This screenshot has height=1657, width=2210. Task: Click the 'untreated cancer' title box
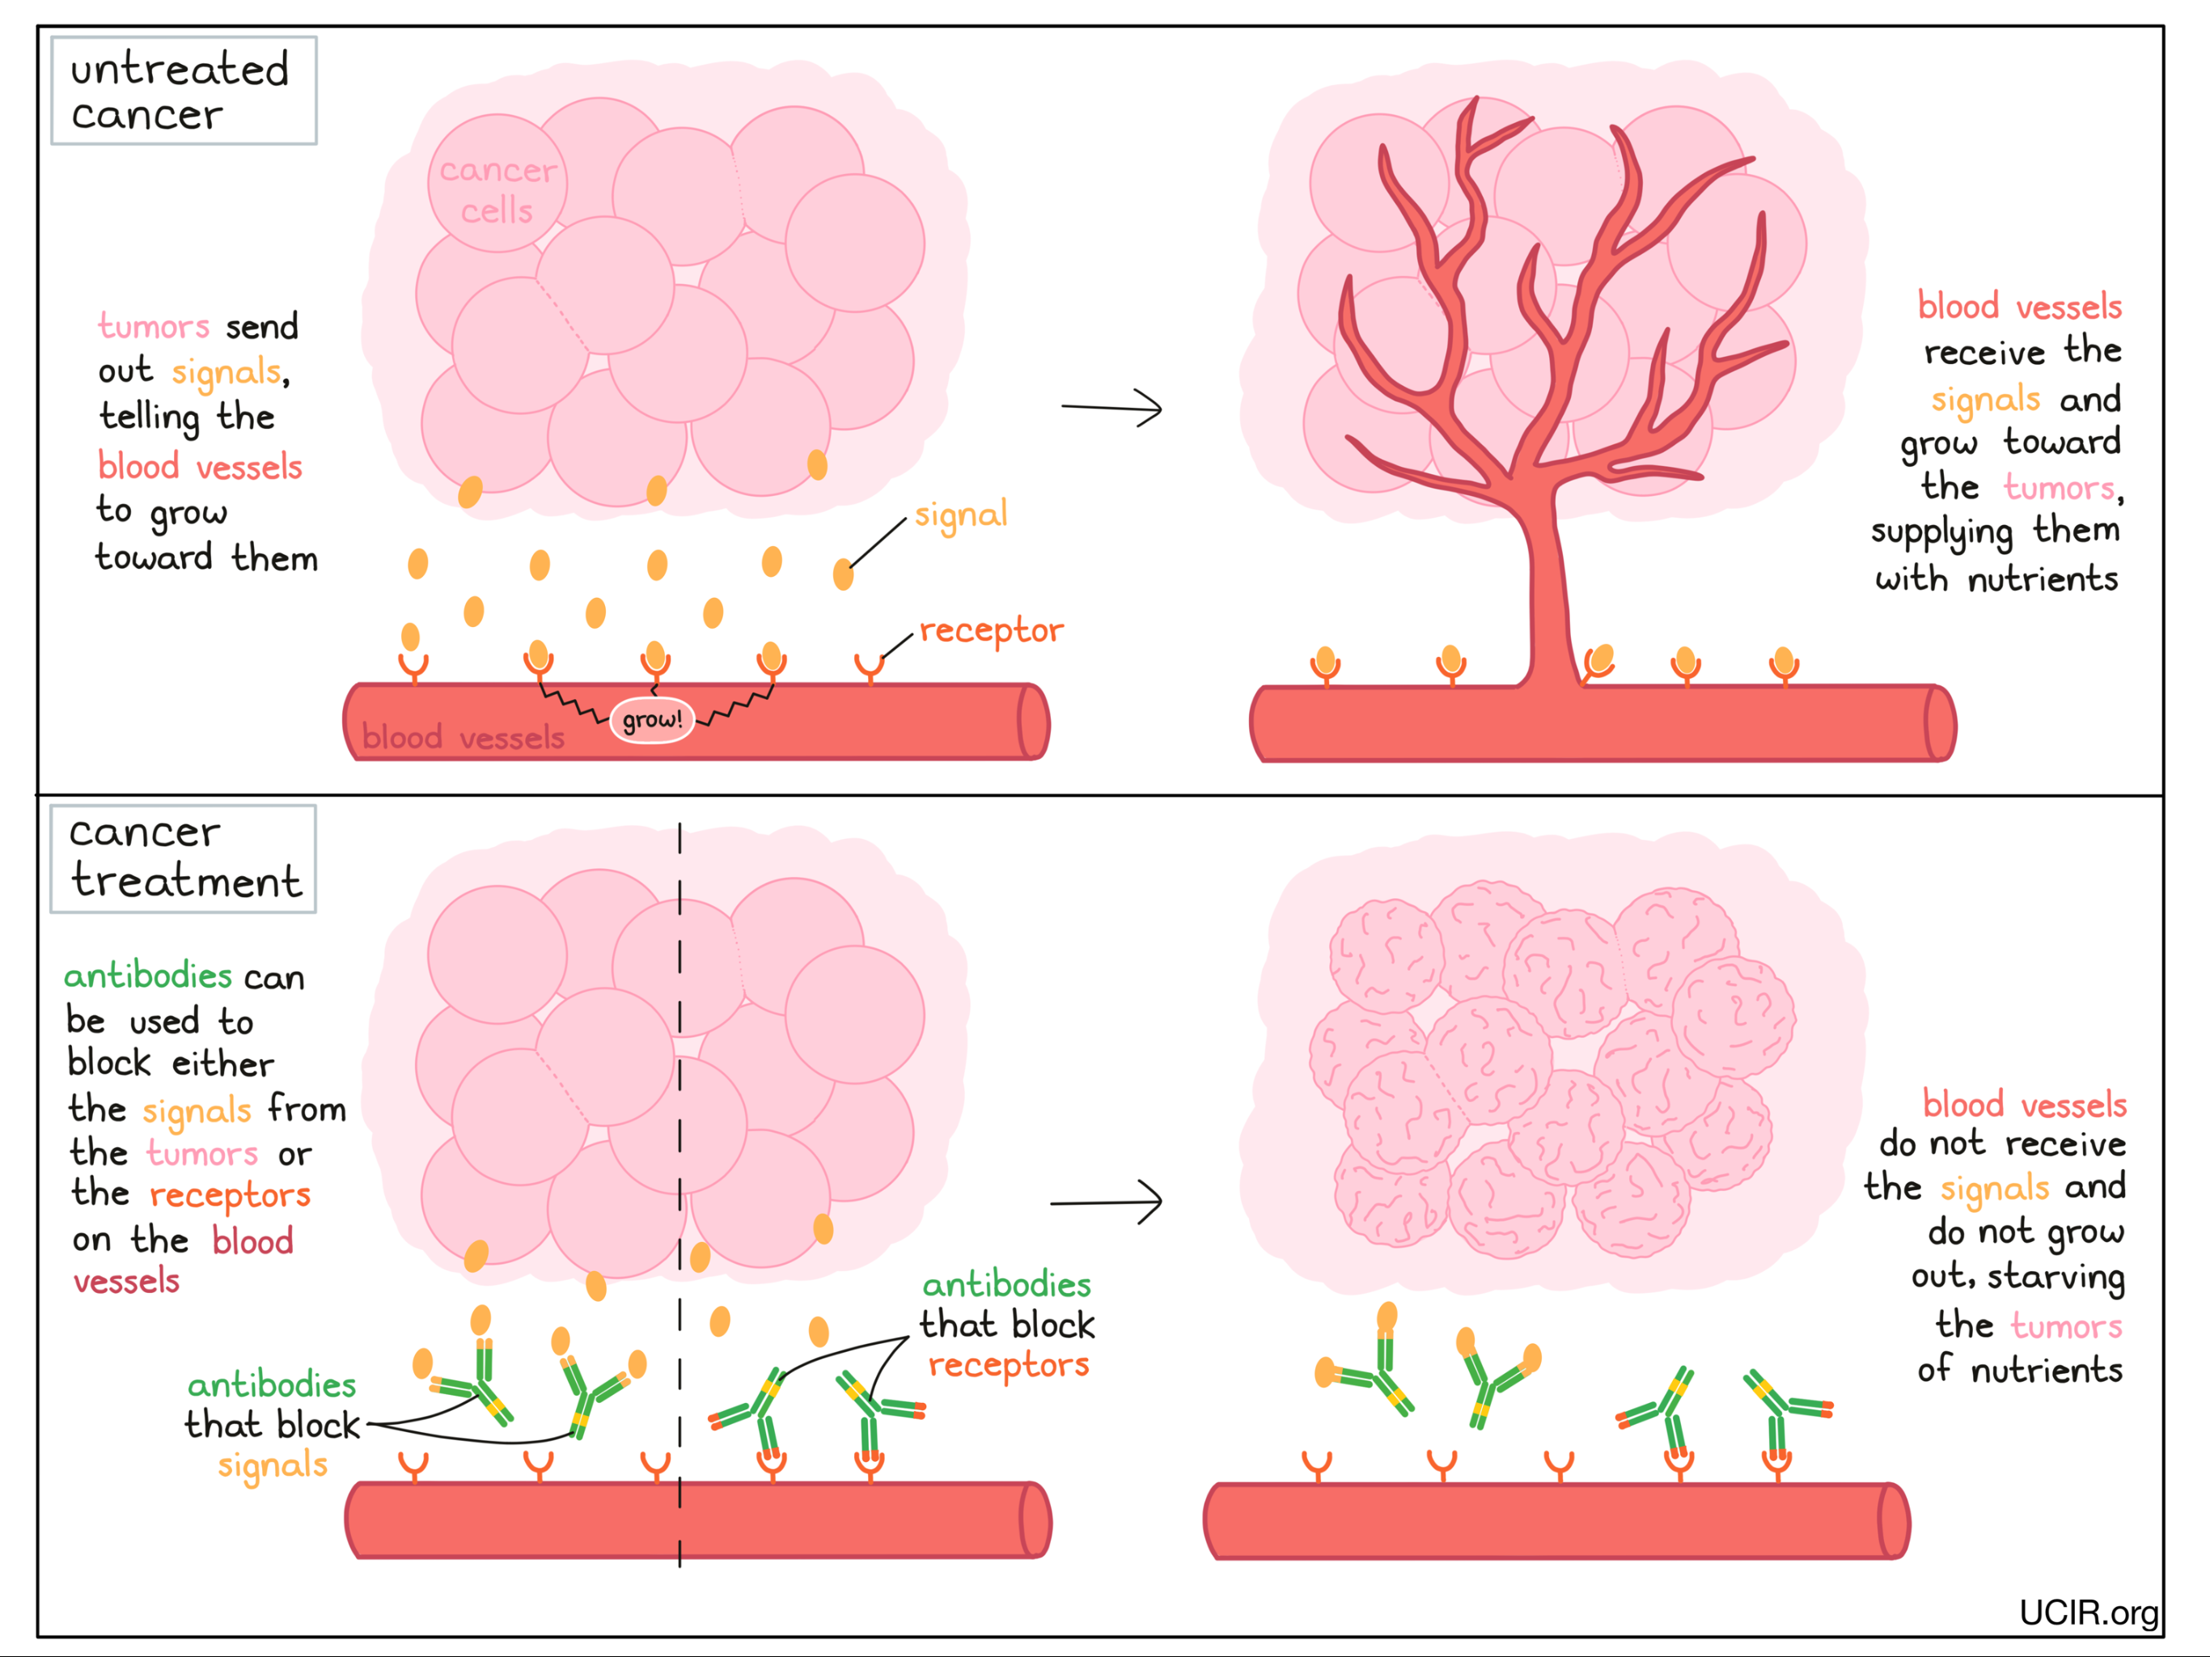(184, 91)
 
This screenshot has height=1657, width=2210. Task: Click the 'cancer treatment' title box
(184, 858)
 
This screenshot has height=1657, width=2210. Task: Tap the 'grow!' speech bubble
(651, 719)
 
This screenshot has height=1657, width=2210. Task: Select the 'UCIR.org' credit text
(2088, 1612)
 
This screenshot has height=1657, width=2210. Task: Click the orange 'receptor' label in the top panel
(991, 630)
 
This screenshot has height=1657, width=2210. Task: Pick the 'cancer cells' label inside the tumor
(497, 190)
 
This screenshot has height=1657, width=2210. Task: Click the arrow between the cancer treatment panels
(1106, 1201)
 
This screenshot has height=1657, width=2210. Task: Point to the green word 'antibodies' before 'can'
(148, 976)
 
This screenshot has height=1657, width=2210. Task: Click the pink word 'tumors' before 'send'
(153, 327)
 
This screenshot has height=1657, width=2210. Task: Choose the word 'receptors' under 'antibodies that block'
(1008, 1365)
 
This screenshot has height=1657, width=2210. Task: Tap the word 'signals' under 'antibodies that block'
(273, 1465)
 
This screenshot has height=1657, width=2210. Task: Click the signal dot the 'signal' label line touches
(843, 574)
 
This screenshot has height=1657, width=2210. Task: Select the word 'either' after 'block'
(222, 1063)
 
